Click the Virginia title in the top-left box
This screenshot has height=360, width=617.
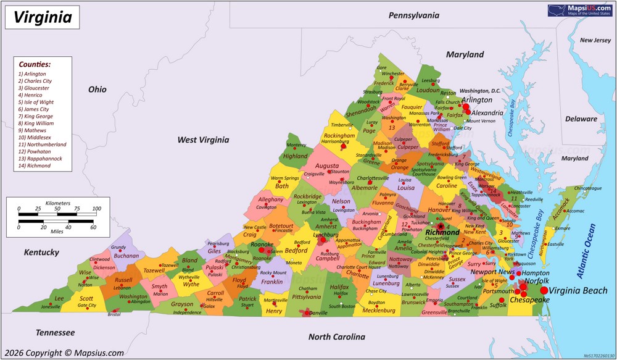click(43, 17)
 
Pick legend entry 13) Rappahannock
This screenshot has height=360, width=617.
click(39, 159)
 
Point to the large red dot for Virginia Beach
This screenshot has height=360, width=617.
click(544, 290)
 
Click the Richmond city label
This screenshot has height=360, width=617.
click(442, 233)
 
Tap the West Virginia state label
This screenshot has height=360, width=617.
click(203, 140)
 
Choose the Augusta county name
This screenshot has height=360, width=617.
click(326, 165)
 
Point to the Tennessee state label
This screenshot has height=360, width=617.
click(55, 333)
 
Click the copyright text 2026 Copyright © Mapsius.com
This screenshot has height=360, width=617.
click(64, 353)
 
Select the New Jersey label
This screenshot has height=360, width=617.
click(595, 40)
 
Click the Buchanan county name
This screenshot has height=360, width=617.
click(126, 256)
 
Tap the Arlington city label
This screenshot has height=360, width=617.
click(477, 99)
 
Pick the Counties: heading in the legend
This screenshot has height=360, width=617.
click(35, 64)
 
